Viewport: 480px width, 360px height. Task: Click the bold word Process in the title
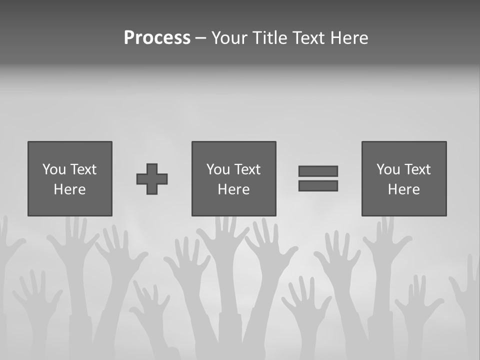(x=157, y=38)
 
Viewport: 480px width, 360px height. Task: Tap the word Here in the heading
(x=349, y=38)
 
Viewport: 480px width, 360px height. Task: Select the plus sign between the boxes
(x=152, y=179)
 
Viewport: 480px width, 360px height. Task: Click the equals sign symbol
(x=318, y=178)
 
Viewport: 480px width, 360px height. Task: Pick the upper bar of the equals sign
(x=318, y=171)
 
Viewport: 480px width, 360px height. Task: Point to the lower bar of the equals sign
(x=318, y=186)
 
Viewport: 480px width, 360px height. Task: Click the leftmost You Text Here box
(x=70, y=178)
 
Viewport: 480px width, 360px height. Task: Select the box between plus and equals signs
(x=233, y=178)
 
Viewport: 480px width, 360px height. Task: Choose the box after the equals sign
(x=404, y=178)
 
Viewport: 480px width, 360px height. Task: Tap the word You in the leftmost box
(x=54, y=169)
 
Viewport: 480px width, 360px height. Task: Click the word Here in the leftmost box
(x=70, y=189)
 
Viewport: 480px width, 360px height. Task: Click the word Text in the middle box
(x=247, y=169)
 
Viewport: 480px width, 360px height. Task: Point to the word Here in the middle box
(x=233, y=189)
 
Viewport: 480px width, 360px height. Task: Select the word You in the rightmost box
(x=388, y=169)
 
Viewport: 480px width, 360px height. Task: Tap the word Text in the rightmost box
(x=417, y=169)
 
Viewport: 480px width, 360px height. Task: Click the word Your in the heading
(x=230, y=38)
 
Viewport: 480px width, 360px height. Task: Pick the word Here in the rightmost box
(x=404, y=189)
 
